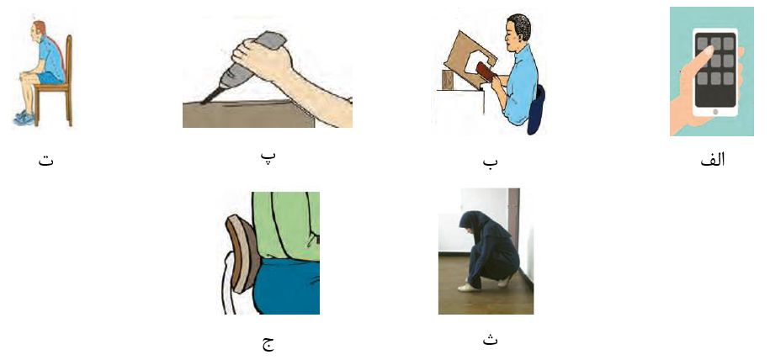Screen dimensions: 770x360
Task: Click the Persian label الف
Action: (x=712, y=160)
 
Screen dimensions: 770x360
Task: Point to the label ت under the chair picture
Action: (x=46, y=160)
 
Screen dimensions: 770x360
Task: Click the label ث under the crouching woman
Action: (x=490, y=339)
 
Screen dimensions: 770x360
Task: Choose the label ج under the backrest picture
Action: (x=268, y=342)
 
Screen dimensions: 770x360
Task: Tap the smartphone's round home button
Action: (x=714, y=112)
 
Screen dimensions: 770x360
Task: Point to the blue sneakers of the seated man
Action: (x=24, y=118)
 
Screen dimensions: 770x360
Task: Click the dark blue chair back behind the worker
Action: (x=536, y=110)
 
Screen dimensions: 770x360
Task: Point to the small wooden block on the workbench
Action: (x=448, y=80)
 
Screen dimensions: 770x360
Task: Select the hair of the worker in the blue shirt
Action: (x=519, y=23)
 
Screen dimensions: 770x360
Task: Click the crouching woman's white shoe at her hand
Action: (x=469, y=288)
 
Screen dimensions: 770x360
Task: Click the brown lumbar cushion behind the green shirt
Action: (x=242, y=253)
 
